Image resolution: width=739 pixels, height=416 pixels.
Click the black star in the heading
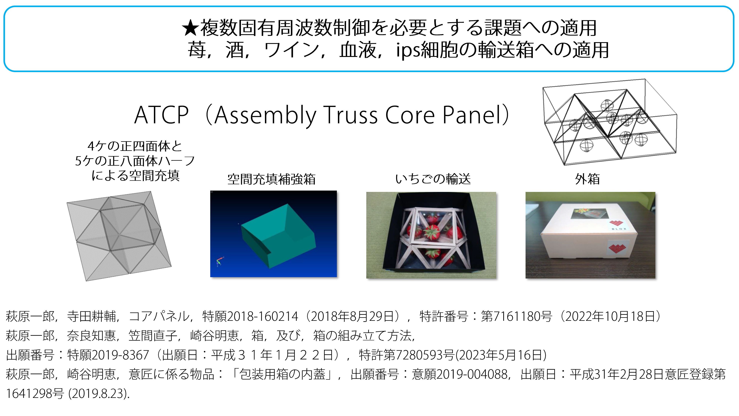(x=190, y=28)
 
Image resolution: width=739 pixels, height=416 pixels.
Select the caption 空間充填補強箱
(x=271, y=179)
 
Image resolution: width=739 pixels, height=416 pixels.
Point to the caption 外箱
(x=587, y=179)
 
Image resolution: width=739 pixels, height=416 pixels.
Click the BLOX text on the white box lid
(x=619, y=229)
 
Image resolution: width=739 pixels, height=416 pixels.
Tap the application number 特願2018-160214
(x=250, y=316)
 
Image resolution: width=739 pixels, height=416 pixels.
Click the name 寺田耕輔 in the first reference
(x=91, y=316)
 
